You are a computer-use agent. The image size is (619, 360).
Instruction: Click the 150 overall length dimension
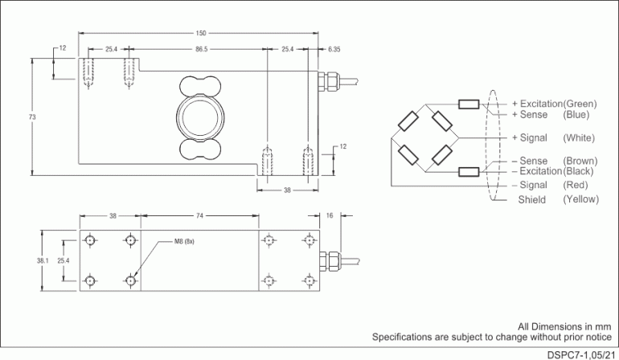(201, 33)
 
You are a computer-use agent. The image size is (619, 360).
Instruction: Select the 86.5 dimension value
(201, 50)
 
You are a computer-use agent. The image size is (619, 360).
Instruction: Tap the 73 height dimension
(32, 117)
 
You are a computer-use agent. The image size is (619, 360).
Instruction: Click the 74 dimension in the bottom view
(200, 216)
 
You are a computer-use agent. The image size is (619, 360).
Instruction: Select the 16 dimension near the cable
(330, 216)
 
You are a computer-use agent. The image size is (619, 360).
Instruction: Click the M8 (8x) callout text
(184, 242)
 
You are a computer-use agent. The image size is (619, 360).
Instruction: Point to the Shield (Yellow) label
(554, 199)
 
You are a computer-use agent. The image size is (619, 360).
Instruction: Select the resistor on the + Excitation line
(469, 104)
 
